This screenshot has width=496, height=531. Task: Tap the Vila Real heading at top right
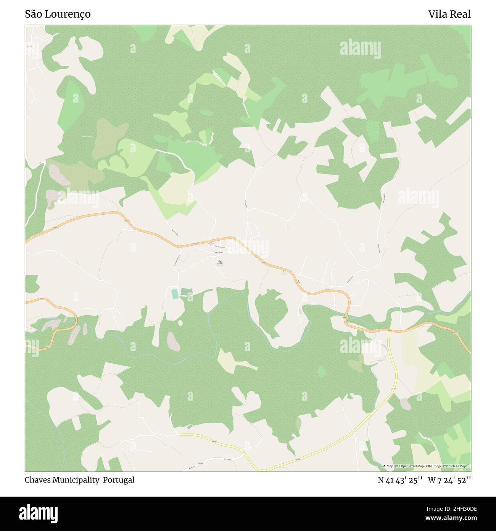tap(449, 15)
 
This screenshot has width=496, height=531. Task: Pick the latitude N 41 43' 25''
tap(400, 480)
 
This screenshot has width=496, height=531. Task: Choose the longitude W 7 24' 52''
tap(449, 480)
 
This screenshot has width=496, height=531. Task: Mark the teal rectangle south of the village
tap(175, 294)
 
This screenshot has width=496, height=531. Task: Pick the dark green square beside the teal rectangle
tap(186, 292)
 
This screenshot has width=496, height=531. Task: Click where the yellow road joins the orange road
tap(389, 330)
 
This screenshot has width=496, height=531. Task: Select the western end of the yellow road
tap(181, 434)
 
